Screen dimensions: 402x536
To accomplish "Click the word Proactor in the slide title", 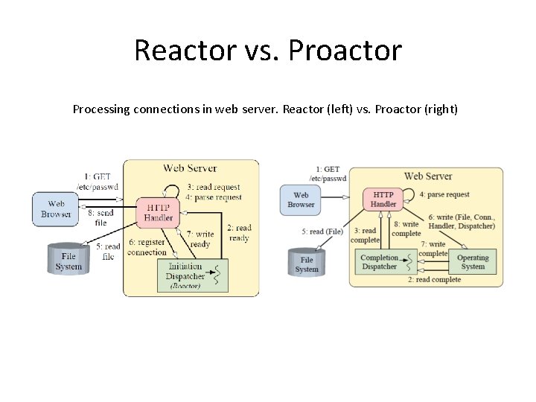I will tap(345, 51).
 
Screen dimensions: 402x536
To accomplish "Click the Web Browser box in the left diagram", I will tap(56, 208).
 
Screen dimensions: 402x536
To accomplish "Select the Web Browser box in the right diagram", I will tap(301, 200).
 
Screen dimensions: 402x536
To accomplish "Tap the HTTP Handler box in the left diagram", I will tap(158, 212).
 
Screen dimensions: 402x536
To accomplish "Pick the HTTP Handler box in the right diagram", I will tap(383, 199).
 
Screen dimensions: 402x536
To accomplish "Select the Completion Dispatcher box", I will tap(380, 261).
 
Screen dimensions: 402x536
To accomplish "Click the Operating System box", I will tap(473, 262).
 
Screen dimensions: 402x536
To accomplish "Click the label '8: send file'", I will tap(100, 217).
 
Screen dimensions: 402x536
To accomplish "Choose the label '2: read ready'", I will tap(239, 233).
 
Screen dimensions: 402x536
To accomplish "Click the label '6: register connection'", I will tap(147, 247).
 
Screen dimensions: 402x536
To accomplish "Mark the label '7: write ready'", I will tap(200, 239).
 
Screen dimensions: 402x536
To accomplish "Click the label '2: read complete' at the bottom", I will tap(434, 280).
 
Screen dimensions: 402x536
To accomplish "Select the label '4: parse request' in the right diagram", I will tap(444, 194).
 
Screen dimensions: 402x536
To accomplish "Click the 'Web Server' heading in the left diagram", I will tap(190, 168).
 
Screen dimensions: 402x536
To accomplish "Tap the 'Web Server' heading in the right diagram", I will tap(428, 176).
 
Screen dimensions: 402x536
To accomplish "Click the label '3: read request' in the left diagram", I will tap(214, 187).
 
